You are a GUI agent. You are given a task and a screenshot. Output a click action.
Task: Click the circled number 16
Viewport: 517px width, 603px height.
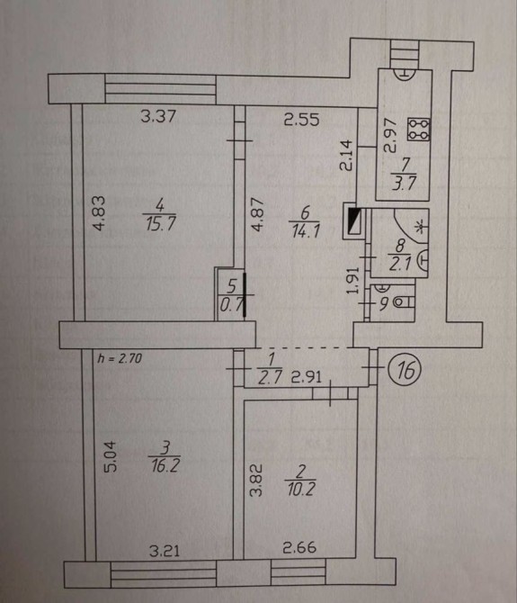click(x=405, y=370)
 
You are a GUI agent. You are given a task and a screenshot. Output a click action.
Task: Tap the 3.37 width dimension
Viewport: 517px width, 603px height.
click(x=158, y=116)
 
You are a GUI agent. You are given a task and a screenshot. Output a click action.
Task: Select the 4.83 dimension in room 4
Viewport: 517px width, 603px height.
click(x=99, y=213)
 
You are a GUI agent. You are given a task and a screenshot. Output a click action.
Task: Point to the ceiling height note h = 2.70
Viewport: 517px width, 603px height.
click(x=120, y=358)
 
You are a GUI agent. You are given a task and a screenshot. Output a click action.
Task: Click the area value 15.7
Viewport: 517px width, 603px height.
click(x=160, y=223)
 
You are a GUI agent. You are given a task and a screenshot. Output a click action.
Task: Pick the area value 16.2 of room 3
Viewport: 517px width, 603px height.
click(x=165, y=465)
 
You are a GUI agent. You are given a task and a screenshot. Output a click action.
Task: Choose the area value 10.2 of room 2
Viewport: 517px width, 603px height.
click(x=300, y=490)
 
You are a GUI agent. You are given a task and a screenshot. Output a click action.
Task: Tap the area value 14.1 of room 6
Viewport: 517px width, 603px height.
click(x=306, y=231)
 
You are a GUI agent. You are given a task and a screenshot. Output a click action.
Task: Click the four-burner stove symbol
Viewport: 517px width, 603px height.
click(x=419, y=130)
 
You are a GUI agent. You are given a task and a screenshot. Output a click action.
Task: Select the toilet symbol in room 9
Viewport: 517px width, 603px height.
click(x=405, y=302)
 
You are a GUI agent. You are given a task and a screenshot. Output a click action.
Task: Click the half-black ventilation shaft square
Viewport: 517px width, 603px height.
click(x=353, y=220)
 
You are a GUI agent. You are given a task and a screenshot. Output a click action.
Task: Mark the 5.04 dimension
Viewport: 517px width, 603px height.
click(x=110, y=456)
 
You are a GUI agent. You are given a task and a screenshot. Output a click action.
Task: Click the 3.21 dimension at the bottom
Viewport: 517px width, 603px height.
click(x=165, y=552)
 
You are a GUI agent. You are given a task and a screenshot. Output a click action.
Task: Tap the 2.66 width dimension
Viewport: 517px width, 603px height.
click(x=299, y=547)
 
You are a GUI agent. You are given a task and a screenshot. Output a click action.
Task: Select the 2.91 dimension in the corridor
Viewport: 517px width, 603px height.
click(x=306, y=377)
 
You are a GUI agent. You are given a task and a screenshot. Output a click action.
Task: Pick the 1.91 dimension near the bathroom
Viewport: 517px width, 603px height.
click(x=353, y=280)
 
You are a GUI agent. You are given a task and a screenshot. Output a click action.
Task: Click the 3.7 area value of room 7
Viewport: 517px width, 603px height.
click(x=404, y=184)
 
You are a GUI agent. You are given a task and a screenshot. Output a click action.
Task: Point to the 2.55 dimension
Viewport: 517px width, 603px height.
click(x=301, y=119)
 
